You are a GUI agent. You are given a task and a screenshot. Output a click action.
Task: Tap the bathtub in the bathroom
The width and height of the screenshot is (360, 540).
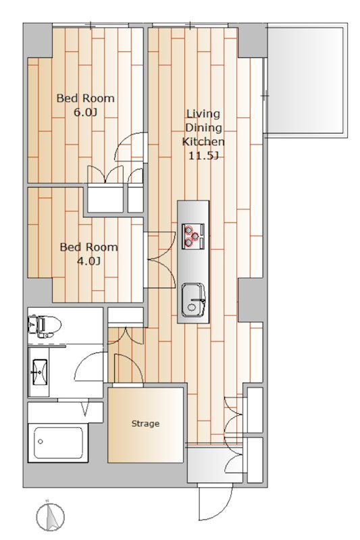coord(59,443)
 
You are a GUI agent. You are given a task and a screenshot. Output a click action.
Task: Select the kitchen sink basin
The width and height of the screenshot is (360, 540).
coord(193,300)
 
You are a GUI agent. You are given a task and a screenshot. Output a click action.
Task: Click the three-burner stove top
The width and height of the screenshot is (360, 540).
coord(193,236)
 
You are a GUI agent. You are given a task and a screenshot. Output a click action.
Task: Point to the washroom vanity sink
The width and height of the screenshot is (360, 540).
coord(39,372)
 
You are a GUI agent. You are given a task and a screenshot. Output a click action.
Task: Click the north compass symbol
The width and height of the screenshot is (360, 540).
coord(50,516)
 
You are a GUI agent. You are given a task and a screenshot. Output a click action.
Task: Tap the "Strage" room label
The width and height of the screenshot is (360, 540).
coord(145,423)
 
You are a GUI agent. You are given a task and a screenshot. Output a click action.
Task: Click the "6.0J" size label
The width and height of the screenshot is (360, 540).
coord(85,113)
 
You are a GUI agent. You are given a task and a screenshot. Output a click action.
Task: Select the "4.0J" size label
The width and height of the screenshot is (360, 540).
coord(89,261)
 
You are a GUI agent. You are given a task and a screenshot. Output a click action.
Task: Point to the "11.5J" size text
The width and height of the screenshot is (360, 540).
coord(203,156)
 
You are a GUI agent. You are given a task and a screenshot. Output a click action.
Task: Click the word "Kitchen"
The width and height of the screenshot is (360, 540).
coord(203,142)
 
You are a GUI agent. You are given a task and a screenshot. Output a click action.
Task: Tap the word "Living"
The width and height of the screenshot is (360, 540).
coord(203,113)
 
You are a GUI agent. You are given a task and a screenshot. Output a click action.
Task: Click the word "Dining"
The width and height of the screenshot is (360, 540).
coord(203,128)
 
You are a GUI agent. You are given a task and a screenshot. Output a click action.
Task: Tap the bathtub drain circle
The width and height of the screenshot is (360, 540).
coord(41,442)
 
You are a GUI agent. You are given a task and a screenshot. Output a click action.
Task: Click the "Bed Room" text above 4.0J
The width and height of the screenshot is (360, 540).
coord(89,247)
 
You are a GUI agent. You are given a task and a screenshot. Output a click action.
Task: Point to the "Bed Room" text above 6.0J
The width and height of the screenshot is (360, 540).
coord(85,98)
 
